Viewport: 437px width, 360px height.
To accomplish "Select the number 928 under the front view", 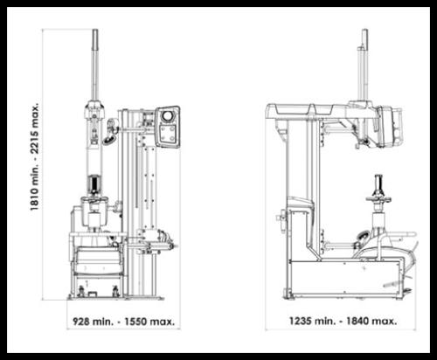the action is [80, 322].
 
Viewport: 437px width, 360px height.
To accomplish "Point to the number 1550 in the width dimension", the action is [135, 322].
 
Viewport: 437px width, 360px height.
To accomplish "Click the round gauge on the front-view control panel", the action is [168, 115].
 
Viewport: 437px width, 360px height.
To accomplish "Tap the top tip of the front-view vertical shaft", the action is [95, 30].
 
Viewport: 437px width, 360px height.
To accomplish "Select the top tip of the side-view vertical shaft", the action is [364, 30].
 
